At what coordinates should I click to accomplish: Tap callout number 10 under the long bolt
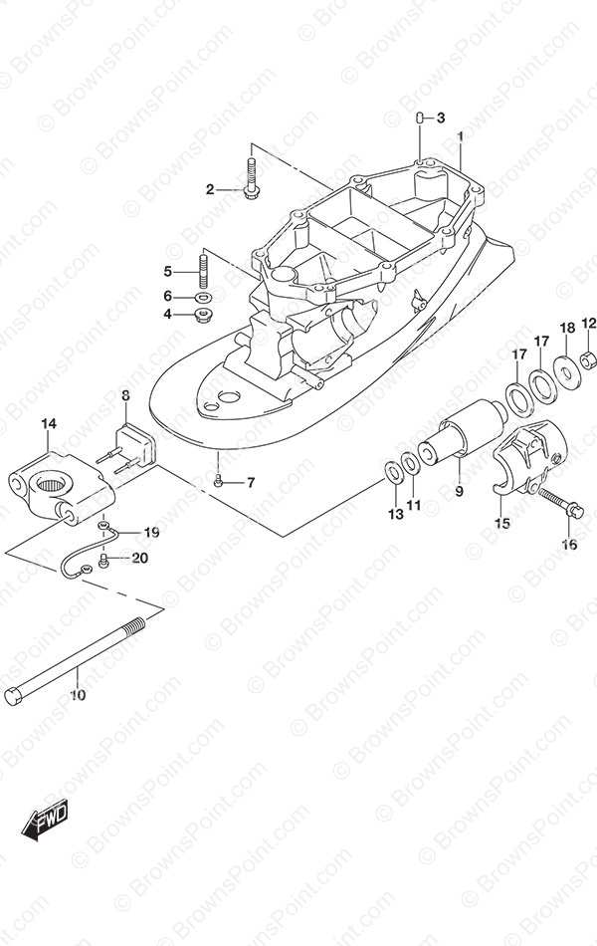[78, 695]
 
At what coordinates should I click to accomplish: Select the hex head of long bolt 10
[13, 696]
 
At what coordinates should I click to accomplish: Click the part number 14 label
[49, 424]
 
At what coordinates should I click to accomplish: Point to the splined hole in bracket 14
[54, 482]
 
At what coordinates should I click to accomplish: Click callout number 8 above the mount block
[125, 395]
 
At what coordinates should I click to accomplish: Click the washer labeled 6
[203, 297]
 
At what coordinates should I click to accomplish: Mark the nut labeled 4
[203, 315]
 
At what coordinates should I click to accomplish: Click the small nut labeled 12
[589, 360]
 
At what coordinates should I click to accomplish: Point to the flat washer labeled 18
[567, 372]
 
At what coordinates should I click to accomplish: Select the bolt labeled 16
[561, 503]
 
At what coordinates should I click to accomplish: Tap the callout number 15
[502, 523]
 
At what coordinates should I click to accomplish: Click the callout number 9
[460, 492]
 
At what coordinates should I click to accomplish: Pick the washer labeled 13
[395, 472]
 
